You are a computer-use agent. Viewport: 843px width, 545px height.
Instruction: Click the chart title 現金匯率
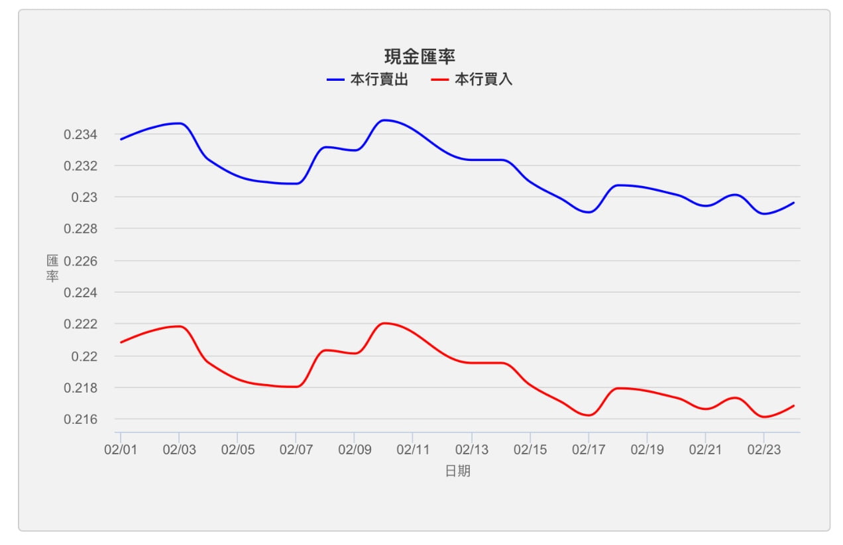point(420,56)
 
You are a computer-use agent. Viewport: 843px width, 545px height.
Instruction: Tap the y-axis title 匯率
point(52,268)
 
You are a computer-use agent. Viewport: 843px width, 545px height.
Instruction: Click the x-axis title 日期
point(458,471)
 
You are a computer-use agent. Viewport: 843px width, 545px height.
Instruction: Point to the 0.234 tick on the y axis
point(80,135)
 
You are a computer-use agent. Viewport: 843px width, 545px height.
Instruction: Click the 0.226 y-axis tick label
point(80,261)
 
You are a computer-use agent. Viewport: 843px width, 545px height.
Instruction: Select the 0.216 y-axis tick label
point(80,420)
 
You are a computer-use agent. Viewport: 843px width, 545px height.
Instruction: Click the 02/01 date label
point(121,450)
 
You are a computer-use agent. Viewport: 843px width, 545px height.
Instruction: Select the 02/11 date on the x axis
point(413,450)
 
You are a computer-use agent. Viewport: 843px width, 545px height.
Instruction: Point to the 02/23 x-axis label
point(763,450)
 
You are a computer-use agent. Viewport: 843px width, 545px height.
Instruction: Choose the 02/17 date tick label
point(589,450)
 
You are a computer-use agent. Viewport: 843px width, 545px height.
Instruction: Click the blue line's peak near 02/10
point(384,120)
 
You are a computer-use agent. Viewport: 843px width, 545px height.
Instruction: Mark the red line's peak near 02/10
point(384,323)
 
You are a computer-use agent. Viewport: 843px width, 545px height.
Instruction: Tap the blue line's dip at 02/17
point(589,212)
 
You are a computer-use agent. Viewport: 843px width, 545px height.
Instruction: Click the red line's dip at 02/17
point(589,415)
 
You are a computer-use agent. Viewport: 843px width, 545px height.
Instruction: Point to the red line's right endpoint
point(793,405)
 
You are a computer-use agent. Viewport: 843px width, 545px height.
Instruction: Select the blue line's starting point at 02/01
point(121,139)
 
